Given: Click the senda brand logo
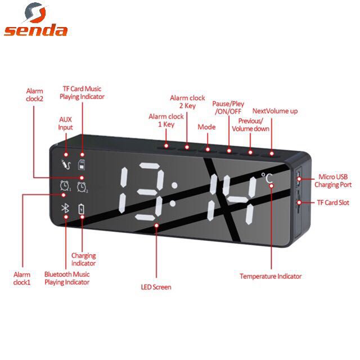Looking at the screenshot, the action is [x=36, y=19].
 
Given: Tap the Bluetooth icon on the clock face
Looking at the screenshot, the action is [x=65, y=208].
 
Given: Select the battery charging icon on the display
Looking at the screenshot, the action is [x=82, y=209].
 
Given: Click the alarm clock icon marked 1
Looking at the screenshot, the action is [x=65, y=186].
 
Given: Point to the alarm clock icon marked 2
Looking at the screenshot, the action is [x=82, y=187].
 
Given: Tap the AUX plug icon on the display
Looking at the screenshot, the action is [x=66, y=164].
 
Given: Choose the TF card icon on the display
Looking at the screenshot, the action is [x=82, y=165].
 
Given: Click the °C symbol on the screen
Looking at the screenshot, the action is [x=267, y=178].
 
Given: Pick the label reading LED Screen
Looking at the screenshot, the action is [x=156, y=287].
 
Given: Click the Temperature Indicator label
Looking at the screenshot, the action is [x=271, y=276].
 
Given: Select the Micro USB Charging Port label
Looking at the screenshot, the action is [x=333, y=181].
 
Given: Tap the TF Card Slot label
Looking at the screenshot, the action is [x=333, y=202].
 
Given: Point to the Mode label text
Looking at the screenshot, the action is [x=206, y=127].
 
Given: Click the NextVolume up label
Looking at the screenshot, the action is [x=275, y=111].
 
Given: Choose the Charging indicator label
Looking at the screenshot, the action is [x=84, y=259].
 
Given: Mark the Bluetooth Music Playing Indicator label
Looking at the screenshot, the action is [x=67, y=278].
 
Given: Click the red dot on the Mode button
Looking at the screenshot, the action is [x=208, y=150].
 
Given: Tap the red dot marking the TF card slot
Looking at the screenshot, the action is [x=299, y=202].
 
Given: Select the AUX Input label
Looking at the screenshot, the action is [x=65, y=123].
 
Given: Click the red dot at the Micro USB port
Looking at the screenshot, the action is [x=299, y=179].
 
